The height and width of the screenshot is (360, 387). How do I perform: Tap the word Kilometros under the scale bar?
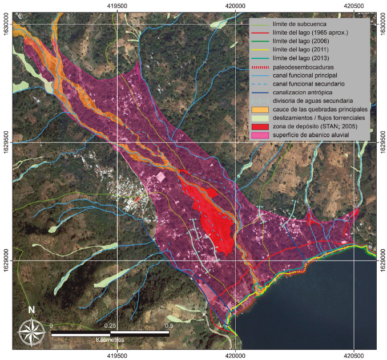point(110,339)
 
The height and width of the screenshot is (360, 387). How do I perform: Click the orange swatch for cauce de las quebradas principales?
point(260,109)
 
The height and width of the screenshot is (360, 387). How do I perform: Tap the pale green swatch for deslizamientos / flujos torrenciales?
point(260,118)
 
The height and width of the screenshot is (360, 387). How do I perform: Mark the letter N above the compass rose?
point(31,311)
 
